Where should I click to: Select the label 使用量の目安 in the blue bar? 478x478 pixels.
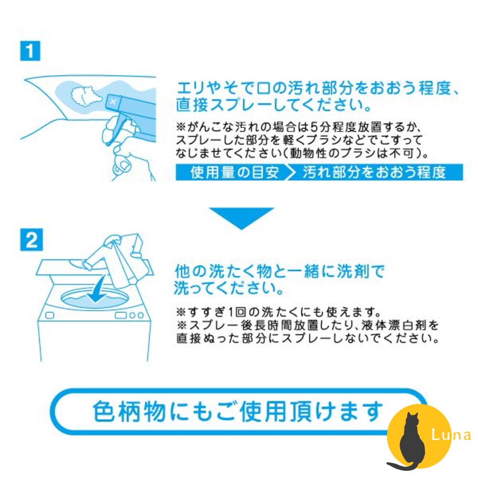(234, 172)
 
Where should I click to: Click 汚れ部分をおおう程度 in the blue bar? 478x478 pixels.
(374, 172)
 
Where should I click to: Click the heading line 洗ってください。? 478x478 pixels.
(227, 288)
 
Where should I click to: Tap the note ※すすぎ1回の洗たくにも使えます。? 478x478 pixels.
(278, 313)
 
